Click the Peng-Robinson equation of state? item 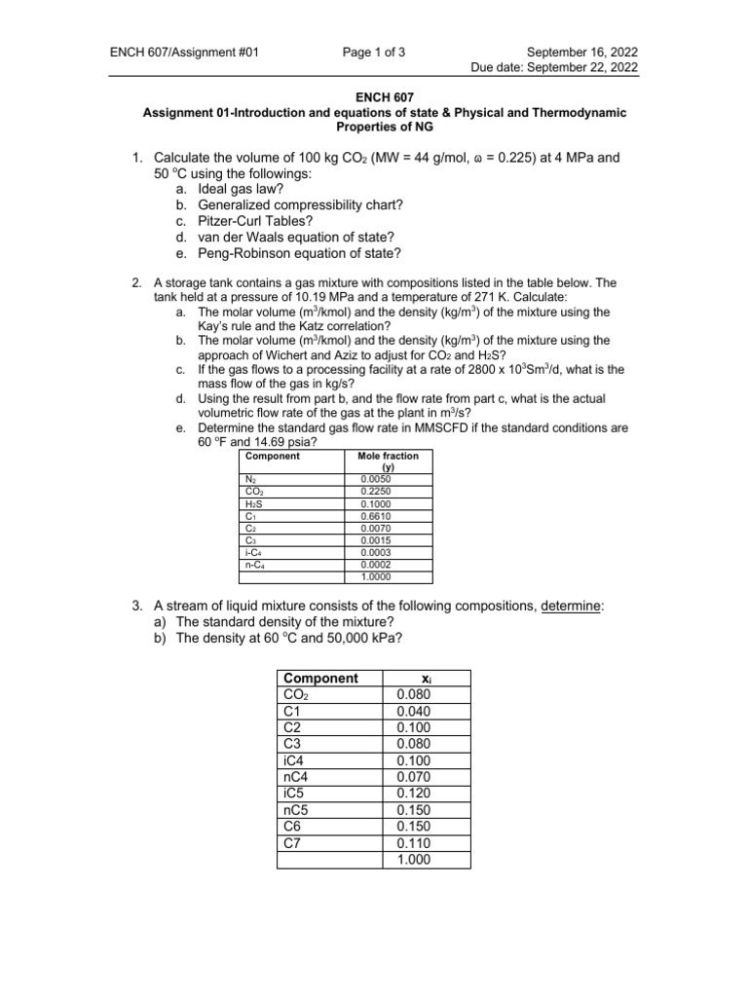click(299, 254)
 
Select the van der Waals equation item click(297, 238)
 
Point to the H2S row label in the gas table click(254, 504)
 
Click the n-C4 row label click(256, 564)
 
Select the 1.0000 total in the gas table click(376, 575)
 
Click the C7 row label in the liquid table click(293, 842)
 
